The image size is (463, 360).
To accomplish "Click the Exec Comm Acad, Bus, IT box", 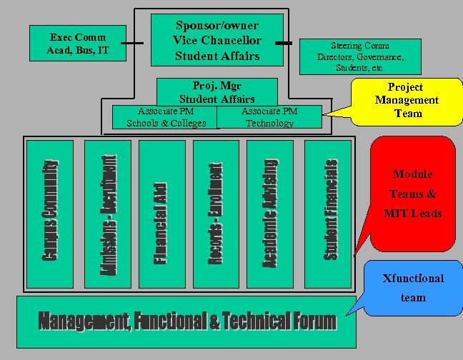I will coord(78,44).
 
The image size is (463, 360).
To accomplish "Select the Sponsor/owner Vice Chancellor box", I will coord(216,41).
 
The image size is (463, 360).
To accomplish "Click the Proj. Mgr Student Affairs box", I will coord(216,91).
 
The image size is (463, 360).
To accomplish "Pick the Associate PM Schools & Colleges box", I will coord(165,117).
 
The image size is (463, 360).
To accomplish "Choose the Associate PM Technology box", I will coord(269,117).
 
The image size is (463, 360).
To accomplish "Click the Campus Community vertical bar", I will coord(49,211).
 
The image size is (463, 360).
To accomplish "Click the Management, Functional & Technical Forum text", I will coord(186,321).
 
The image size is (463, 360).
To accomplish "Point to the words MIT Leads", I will coord(413,213).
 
